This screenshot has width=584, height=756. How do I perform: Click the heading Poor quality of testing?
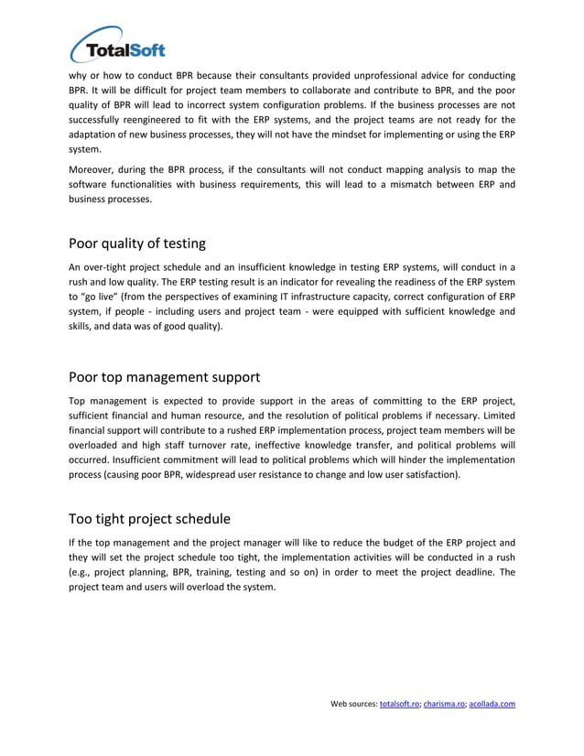tap(137, 243)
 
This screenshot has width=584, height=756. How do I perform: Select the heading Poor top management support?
tap(164, 377)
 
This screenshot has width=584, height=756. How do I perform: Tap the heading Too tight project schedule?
tap(149, 520)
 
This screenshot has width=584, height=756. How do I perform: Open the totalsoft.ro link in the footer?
tap(399, 704)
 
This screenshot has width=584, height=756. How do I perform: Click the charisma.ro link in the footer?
tap(444, 704)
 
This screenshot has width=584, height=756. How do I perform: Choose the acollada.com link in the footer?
tap(492, 704)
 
